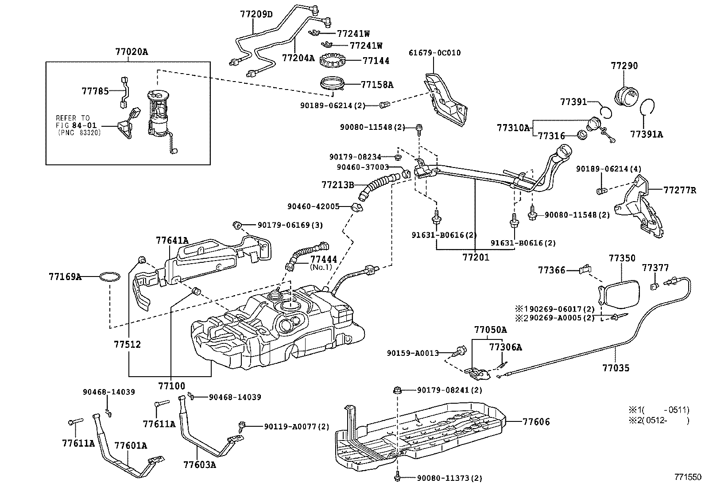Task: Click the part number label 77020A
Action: pyautogui.click(x=132, y=52)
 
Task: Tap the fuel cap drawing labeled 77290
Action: pyautogui.click(x=626, y=95)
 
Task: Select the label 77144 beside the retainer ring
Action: pyautogui.click(x=376, y=61)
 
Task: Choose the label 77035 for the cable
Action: pyautogui.click(x=616, y=367)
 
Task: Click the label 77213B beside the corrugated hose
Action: pyautogui.click(x=337, y=184)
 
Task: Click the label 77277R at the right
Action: pyautogui.click(x=680, y=191)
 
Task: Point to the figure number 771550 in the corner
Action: pyautogui.click(x=688, y=477)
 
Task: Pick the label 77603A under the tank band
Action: pyautogui.click(x=200, y=464)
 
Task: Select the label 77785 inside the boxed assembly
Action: pyautogui.click(x=95, y=91)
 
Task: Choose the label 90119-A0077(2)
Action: pyautogui.click(x=296, y=426)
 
